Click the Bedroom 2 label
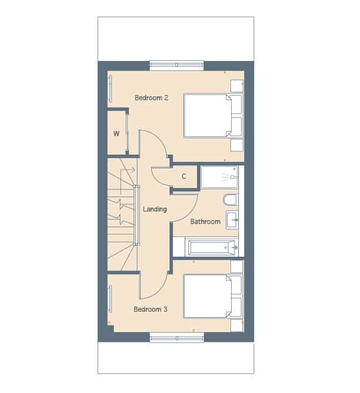(151, 98)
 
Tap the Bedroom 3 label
(151, 309)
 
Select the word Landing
(155, 209)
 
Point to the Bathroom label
(205, 221)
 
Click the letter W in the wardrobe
(117, 134)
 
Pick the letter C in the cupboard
(184, 176)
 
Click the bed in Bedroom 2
(213, 115)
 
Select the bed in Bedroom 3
(213, 296)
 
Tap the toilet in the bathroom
(230, 200)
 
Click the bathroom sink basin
(232, 220)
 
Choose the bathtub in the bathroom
(211, 247)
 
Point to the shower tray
(219, 177)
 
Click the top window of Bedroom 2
(177, 65)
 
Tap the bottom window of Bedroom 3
(177, 338)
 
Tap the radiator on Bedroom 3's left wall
(110, 299)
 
